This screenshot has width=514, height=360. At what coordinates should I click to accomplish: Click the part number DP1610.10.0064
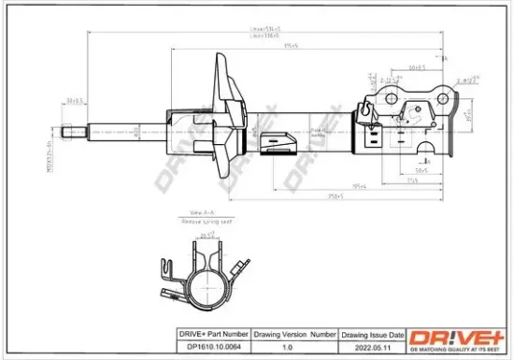coord(213,345)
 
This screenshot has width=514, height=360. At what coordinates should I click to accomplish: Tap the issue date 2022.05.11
coord(371,345)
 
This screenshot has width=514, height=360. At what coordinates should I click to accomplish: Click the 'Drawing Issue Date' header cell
coord(371,334)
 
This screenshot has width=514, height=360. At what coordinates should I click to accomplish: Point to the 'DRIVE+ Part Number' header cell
coord(213,334)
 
